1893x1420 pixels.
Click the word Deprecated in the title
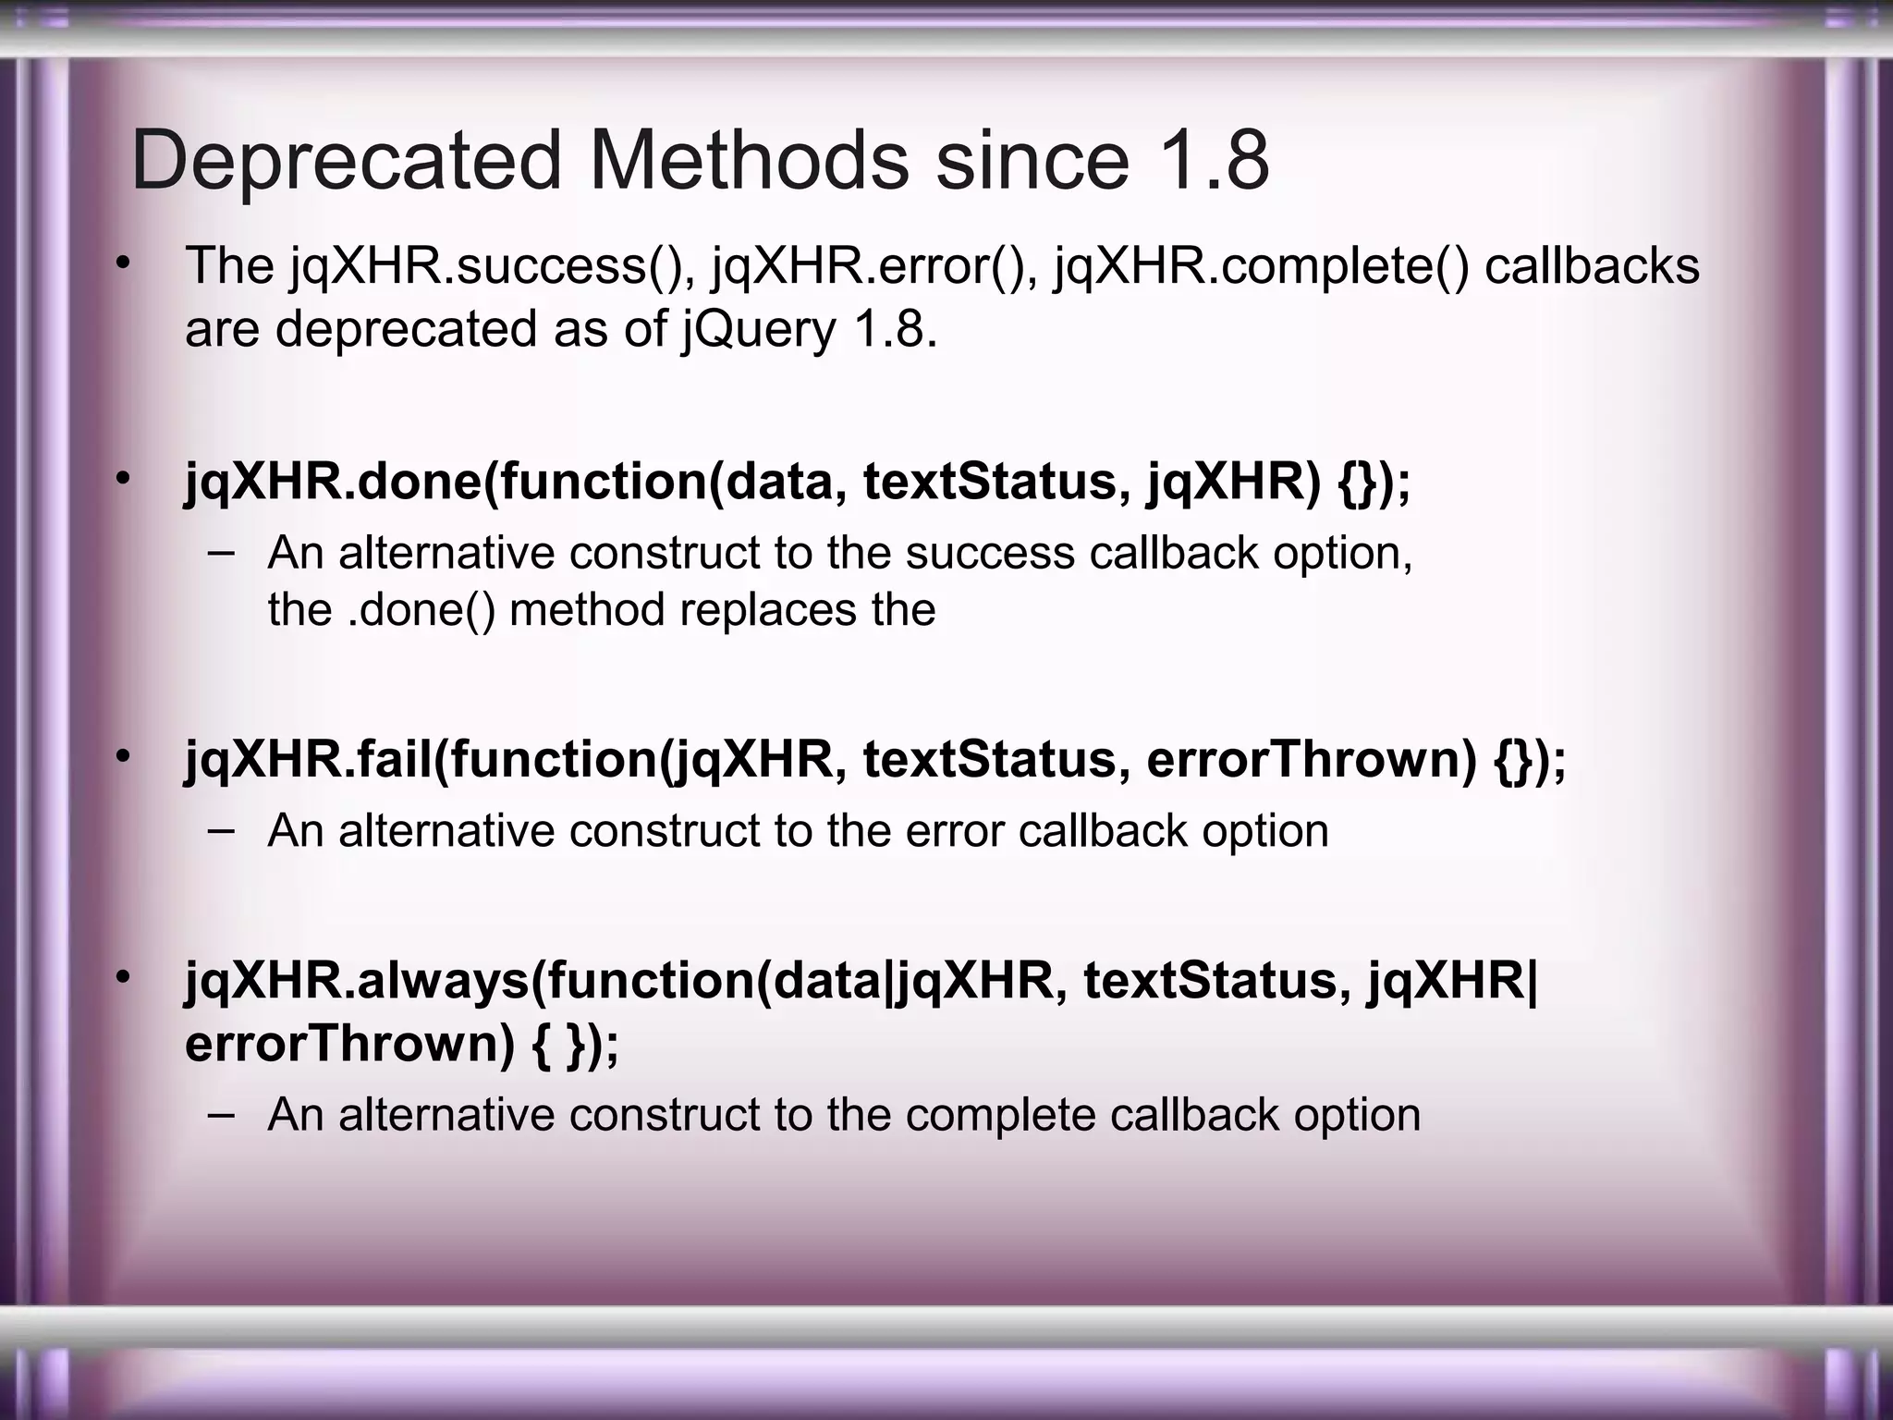click(x=347, y=161)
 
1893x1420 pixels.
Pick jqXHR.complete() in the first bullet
click(x=1261, y=266)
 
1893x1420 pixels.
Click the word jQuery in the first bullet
click(x=759, y=329)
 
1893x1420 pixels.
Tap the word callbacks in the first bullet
click(x=1592, y=266)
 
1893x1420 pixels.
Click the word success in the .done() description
click(x=990, y=554)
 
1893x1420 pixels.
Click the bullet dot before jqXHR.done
click(x=123, y=479)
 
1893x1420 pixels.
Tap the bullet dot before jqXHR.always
click(x=123, y=976)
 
